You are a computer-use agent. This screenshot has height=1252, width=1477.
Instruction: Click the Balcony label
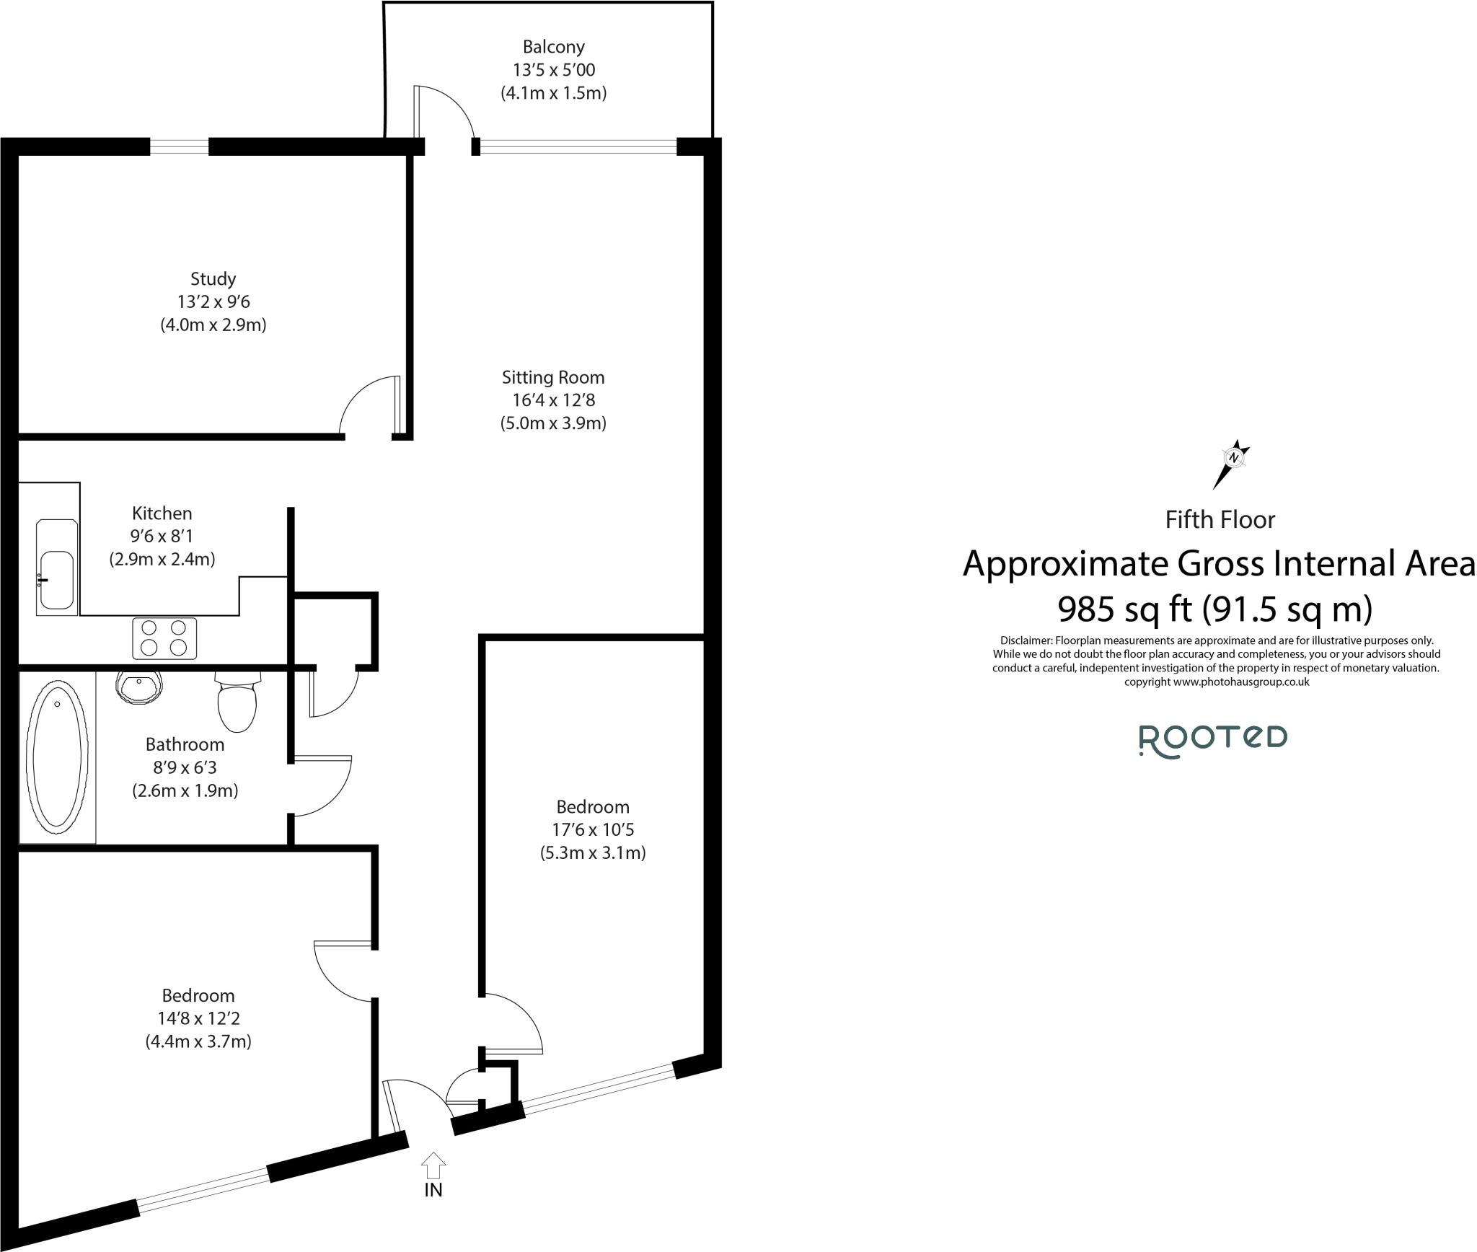[553, 48]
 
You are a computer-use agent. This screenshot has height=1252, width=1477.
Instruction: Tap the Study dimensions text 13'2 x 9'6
[213, 301]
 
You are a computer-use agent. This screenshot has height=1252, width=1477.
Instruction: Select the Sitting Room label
[553, 377]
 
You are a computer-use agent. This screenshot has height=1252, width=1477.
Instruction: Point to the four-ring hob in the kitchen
[164, 638]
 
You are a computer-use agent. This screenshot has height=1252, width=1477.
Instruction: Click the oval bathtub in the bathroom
[58, 755]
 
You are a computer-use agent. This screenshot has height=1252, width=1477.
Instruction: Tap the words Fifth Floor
[1220, 520]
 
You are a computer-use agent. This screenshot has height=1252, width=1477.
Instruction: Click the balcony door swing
[443, 112]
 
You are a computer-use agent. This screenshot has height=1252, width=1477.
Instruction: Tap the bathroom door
[322, 786]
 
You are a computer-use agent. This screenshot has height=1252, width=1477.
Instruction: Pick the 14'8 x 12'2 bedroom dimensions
[198, 1018]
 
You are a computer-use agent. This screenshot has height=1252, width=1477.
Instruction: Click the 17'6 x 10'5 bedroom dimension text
[592, 829]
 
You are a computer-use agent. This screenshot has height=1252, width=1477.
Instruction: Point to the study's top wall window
[180, 146]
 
